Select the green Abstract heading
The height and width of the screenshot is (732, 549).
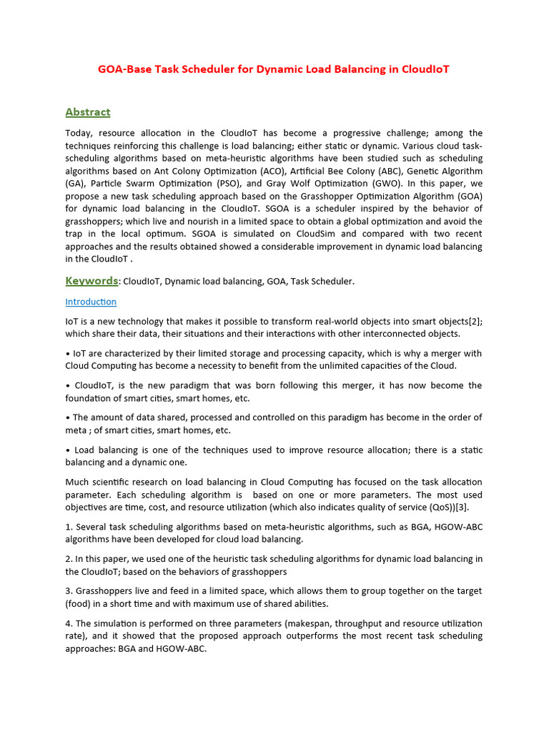(88, 112)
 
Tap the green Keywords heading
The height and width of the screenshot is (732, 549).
(91, 281)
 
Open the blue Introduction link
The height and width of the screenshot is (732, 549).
(91, 302)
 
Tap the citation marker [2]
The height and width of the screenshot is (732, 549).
(475, 321)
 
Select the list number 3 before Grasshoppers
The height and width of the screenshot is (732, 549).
(68, 591)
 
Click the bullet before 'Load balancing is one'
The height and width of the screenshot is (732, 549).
(67, 450)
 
